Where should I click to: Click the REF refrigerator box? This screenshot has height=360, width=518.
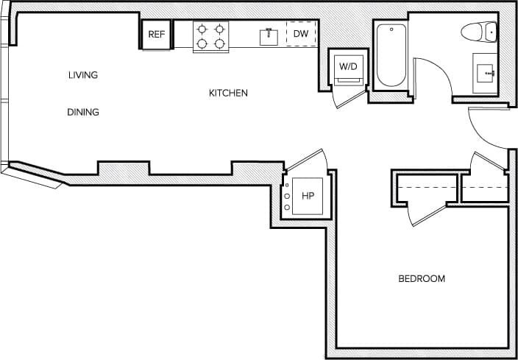click(157, 35)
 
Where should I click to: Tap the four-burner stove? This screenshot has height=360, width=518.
click(210, 37)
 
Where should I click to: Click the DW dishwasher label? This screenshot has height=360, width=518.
click(301, 35)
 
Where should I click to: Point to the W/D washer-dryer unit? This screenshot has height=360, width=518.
click(347, 67)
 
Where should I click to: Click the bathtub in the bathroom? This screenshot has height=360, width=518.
click(390, 55)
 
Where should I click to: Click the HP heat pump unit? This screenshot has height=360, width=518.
click(308, 197)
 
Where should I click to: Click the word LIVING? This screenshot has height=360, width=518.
click(83, 75)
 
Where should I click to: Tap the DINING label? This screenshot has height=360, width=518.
click(83, 113)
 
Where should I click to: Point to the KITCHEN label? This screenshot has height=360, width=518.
click(228, 93)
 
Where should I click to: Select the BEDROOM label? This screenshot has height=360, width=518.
click(422, 279)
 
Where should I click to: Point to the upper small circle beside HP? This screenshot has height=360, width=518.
click(286, 196)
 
